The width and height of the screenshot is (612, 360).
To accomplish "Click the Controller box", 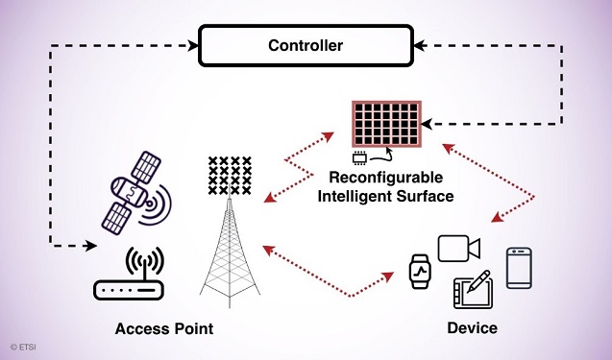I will pyautogui.click(x=305, y=46).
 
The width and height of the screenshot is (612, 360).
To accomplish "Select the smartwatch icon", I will pyautogui.click(x=421, y=272).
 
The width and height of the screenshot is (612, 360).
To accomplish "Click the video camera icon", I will pyautogui.click(x=457, y=248).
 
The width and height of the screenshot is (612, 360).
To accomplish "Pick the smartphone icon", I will pyautogui.click(x=520, y=266).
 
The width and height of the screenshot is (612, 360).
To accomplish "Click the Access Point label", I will pyautogui.click(x=164, y=328).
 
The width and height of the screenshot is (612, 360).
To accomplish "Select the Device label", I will pyautogui.click(x=472, y=328).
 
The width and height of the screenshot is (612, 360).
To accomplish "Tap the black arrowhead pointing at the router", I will pyautogui.click(x=90, y=246).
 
